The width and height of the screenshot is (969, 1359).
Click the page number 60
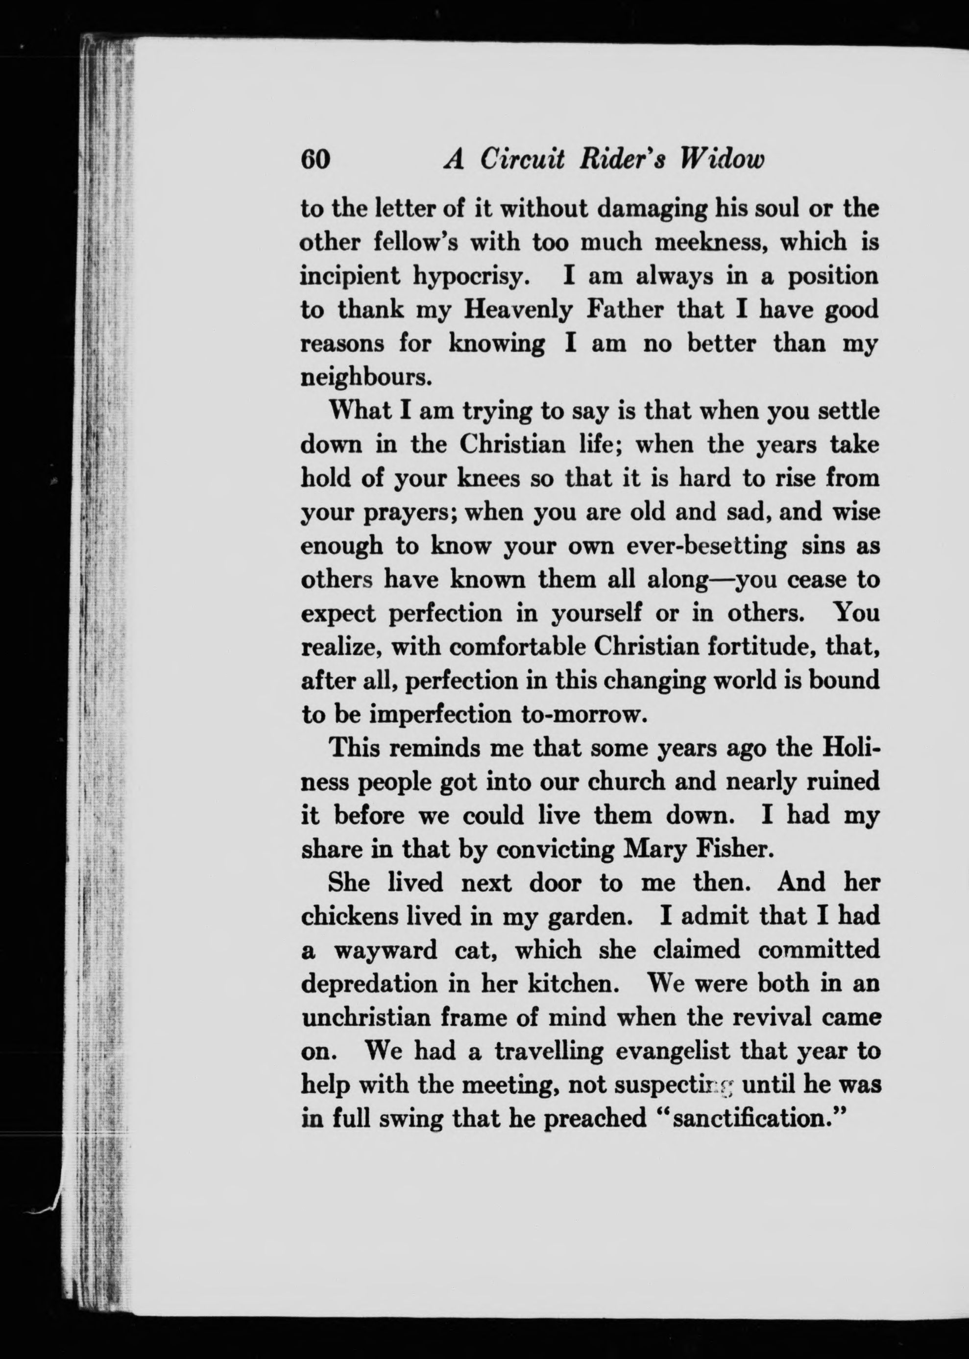click(x=315, y=160)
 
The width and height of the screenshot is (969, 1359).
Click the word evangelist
click(x=672, y=1051)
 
